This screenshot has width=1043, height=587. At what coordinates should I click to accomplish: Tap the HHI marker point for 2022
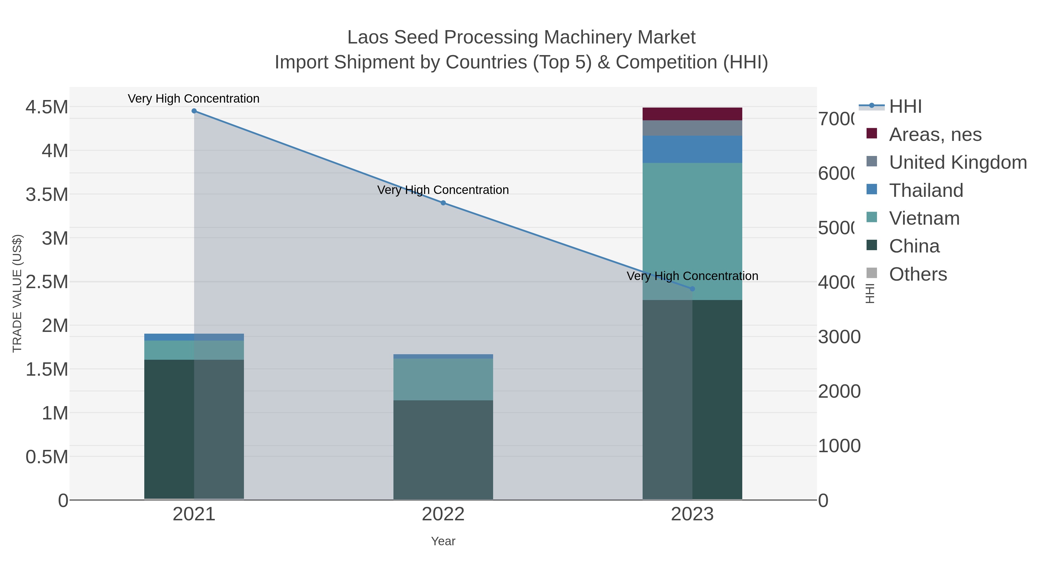coord(443,203)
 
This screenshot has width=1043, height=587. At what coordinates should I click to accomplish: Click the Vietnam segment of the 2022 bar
coord(443,379)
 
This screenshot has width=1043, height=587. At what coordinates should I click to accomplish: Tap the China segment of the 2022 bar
coord(443,450)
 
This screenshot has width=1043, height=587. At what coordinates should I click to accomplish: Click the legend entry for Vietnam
coord(924,218)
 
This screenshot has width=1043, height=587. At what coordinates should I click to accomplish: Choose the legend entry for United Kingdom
coord(958,162)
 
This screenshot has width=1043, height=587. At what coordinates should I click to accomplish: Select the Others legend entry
coord(918,274)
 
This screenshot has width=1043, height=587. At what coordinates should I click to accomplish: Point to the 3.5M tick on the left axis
coord(47,195)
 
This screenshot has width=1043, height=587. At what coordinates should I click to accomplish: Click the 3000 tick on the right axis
coord(839,337)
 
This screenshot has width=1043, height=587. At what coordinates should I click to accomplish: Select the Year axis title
coord(443,541)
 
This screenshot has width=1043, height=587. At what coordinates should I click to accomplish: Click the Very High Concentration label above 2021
coord(194,99)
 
